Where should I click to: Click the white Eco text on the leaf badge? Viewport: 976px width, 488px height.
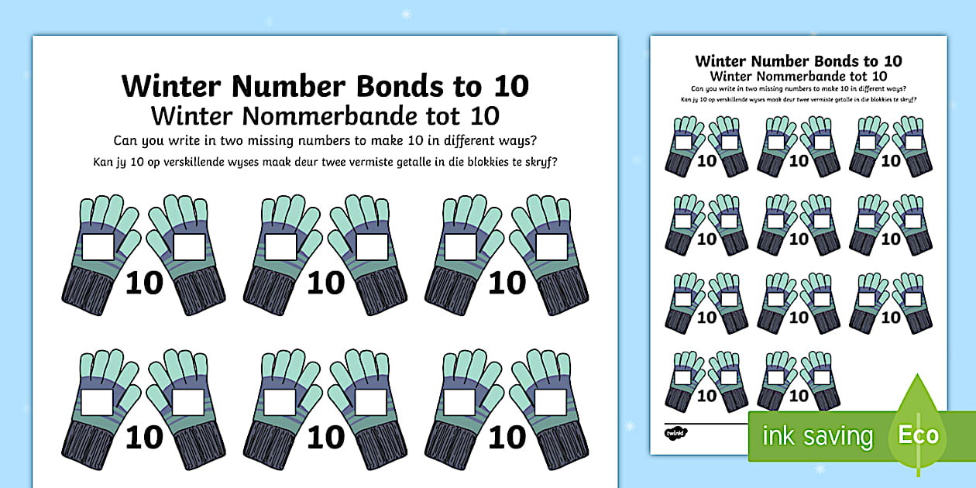919,435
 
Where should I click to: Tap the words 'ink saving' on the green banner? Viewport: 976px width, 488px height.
817,436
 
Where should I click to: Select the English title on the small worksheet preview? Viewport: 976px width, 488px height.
799,61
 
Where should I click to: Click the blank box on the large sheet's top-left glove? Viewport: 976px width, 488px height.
98,247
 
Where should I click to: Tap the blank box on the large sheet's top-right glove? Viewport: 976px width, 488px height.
551,247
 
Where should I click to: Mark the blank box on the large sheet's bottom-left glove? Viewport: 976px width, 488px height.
98,402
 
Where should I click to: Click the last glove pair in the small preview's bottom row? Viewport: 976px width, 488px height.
799,380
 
